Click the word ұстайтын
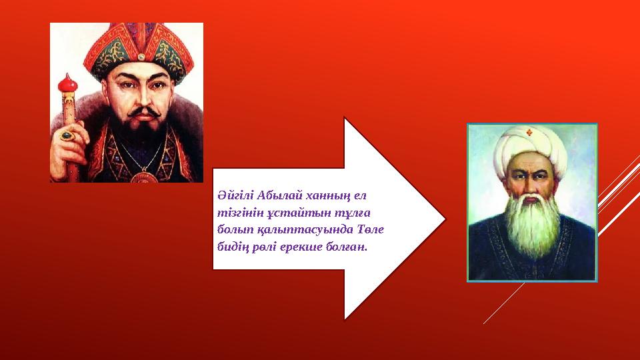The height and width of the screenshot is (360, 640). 284,213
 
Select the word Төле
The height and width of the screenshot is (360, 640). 370,230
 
